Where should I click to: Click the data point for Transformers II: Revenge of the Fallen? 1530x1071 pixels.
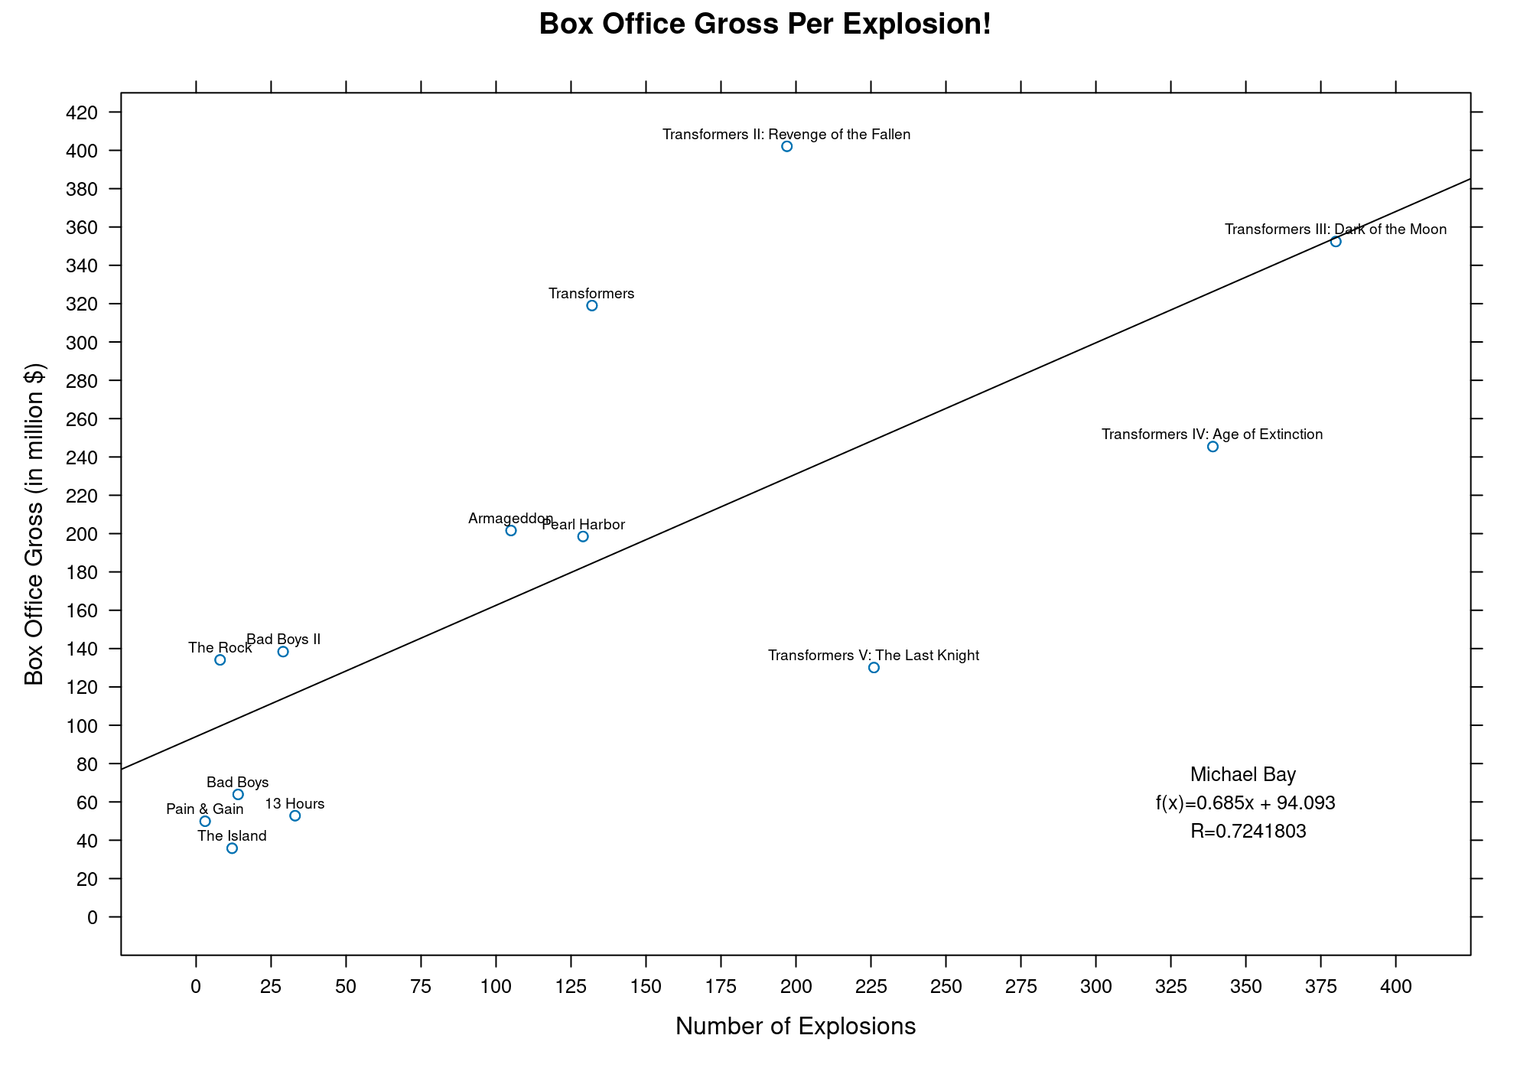(x=786, y=146)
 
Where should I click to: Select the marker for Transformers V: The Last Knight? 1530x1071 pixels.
(x=874, y=668)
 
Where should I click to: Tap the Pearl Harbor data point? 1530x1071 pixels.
(x=583, y=536)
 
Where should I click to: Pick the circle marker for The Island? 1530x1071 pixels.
(x=232, y=848)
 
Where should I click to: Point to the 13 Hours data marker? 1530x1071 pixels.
(x=295, y=816)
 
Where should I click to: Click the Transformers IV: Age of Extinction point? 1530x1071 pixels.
(x=1213, y=447)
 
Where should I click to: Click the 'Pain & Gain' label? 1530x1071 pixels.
(x=205, y=809)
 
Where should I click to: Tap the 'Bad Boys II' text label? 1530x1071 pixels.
(x=283, y=640)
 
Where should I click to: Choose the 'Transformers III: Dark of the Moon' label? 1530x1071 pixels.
(x=1336, y=229)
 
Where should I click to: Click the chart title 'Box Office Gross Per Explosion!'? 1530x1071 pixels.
(x=765, y=24)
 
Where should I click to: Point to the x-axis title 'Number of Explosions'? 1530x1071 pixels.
(x=796, y=1027)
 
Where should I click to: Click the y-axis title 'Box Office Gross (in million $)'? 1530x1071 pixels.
(x=34, y=524)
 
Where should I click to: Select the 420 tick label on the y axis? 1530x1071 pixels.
(x=83, y=113)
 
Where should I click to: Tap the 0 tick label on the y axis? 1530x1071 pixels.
(x=93, y=917)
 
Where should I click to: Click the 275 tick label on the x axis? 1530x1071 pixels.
(x=1021, y=987)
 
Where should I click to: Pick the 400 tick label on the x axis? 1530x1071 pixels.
(x=1396, y=987)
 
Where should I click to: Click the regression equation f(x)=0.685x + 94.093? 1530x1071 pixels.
(x=1245, y=803)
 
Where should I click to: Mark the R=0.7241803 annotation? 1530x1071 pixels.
(x=1248, y=832)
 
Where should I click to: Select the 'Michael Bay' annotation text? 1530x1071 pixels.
(x=1243, y=775)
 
